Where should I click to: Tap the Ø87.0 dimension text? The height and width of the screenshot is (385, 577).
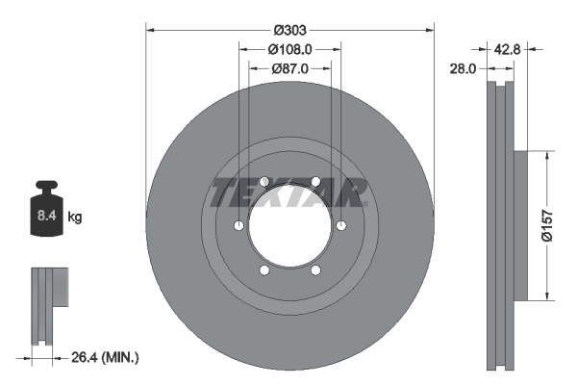pos(289,68)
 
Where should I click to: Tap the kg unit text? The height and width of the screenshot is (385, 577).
pos(75,218)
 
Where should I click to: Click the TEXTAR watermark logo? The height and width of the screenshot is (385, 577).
pos(289,192)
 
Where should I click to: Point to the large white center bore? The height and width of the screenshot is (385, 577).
pos(289,227)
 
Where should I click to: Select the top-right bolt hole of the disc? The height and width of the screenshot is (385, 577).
pos(315,182)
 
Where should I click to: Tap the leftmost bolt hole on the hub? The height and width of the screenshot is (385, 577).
pos(238,227)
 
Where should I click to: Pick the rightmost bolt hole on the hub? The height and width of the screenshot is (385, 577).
pos(341,227)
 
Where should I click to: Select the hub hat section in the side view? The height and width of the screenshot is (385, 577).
pos(519,224)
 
